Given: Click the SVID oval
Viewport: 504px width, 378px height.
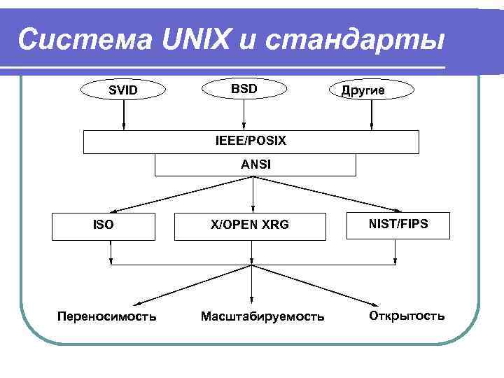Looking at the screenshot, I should tap(123, 90).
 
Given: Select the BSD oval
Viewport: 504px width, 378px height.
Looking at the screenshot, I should tap(244, 88).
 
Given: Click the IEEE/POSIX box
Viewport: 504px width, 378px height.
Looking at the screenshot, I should tap(251, 141).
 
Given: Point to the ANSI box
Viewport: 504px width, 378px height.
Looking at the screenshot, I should tap(255, 165).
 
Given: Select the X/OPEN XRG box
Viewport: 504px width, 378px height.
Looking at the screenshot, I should tap(250, 225).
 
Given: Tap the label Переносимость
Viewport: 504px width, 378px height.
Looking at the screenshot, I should tap(106, 316).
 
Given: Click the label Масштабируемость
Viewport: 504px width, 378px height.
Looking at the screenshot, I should tap(262, 317).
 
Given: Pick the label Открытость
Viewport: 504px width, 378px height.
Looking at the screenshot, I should tap(407, 316).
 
